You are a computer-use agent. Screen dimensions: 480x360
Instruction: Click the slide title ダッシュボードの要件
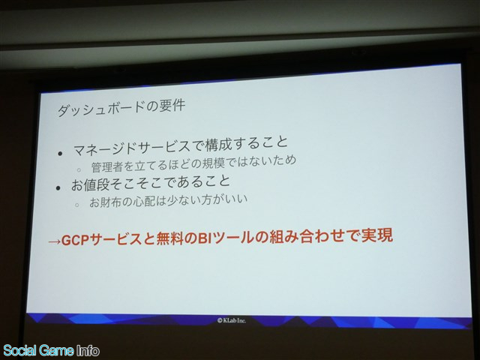tap(121, 108)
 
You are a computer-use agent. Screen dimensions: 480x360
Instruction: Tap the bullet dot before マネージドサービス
tap(60, 154)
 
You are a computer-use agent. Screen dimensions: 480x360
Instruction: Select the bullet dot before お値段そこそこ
tap(58, 188)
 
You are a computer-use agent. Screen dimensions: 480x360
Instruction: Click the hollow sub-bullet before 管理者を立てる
tap(79, 169)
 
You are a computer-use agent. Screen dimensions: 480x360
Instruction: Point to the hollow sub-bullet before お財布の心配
tap(76, 205)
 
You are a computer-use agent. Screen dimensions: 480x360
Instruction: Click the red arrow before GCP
tap(55, 241)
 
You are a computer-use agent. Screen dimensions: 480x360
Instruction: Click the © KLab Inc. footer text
tap(232, 320)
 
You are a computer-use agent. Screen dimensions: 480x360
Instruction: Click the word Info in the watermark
tap(88, 350)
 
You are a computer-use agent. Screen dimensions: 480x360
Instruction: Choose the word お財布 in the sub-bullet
tap(103, 202)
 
